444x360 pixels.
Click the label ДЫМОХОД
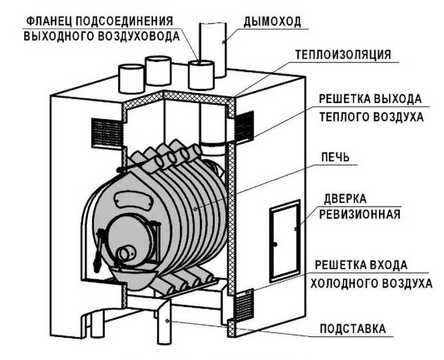272,21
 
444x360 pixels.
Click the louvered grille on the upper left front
105,130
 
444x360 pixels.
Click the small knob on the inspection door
275,244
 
